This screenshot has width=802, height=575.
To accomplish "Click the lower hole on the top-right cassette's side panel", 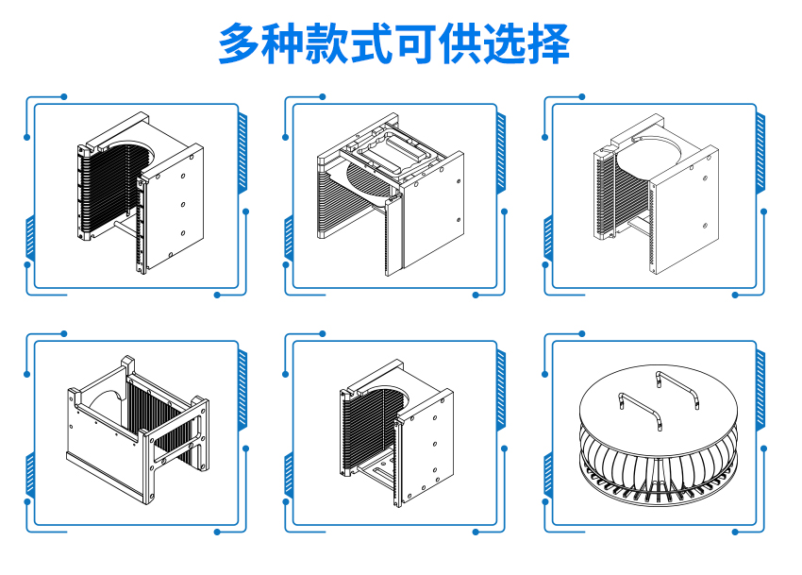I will click(705, 226).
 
